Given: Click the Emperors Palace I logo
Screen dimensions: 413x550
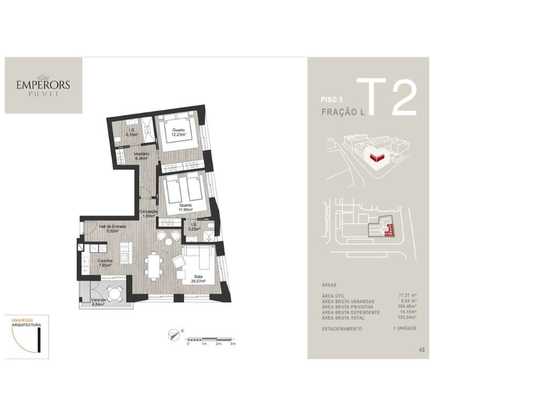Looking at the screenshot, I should [x=43, y=86].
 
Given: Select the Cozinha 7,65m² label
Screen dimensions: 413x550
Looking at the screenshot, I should [x=104, y=263].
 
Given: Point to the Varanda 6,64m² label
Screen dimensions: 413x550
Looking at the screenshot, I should [x=97, y=302].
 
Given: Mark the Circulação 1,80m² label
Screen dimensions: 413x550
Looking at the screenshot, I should [x=149, y=214].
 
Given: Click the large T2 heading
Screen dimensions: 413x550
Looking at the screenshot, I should [x=387, y=98].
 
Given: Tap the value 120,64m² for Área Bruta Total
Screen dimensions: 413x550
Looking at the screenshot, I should [x=405, y=318].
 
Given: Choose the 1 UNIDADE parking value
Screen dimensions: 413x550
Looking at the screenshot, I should [x=405, y=328].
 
